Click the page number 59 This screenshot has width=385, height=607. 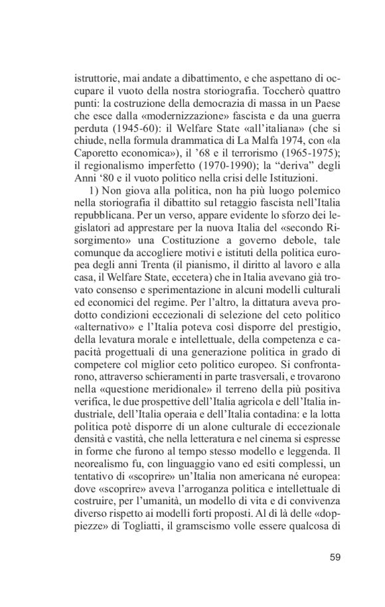point(335,557)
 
